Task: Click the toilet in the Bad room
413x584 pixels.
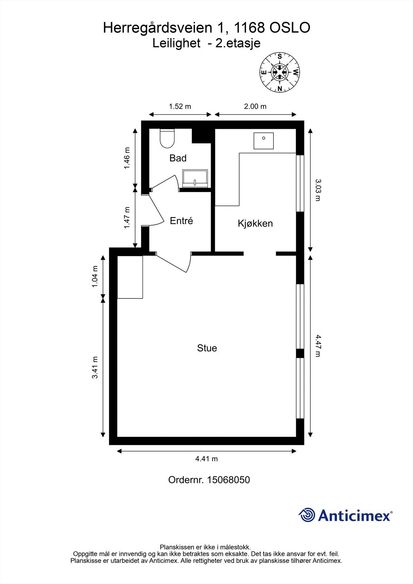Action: click(x=167, y=138)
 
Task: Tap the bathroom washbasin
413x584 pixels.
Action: click(x=195, y=178)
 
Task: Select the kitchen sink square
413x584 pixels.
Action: click(x=264, y=141)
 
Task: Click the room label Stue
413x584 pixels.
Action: click(x=207, y=348)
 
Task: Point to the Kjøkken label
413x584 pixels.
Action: click(x=255, y=223)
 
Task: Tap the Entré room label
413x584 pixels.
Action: click(x=181, y=221)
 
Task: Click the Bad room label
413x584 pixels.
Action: click(x=178, y=158)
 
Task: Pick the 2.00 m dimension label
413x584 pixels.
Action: click(x=255, y=106)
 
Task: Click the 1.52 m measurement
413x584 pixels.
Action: click(x=180, y=106)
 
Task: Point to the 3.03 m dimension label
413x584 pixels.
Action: click(x=318, y=190)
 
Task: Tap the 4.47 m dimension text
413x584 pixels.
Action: click(x=318, y=346)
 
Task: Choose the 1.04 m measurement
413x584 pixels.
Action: click(x=95, y=277)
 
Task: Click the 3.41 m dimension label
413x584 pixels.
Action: click(x=95, y=367)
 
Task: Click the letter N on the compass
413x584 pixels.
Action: click(x=280, y=89)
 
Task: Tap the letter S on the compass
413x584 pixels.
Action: click(x=280, y=56)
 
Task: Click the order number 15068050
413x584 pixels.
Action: click(x=228, y=480)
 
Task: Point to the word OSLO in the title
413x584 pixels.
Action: click(x=290, y=28)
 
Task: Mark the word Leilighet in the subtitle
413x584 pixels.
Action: click(x=176, y=43)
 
